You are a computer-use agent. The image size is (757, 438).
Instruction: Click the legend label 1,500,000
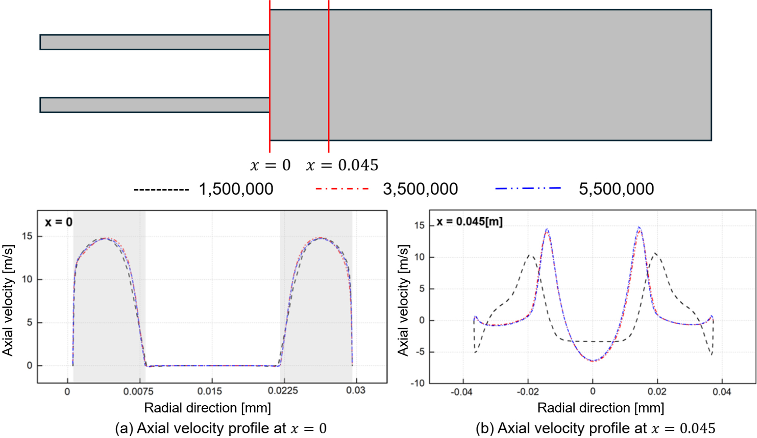236,189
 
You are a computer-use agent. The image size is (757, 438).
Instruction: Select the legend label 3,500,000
420,189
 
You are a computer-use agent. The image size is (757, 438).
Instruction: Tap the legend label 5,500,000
616,189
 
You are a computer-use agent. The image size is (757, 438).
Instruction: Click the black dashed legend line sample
161,190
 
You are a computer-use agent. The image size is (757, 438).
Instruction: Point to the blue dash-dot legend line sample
528,188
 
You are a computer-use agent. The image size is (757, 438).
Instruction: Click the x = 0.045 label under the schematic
342,165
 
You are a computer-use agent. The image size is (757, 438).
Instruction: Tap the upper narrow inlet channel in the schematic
154,42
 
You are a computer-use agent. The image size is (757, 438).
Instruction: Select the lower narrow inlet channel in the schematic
154,105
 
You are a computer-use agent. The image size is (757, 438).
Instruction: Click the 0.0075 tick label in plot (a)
138,392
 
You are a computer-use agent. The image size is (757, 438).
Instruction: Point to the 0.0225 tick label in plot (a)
283,391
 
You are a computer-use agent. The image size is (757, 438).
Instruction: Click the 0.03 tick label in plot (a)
356,391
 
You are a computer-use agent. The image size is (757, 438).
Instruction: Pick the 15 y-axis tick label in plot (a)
27,236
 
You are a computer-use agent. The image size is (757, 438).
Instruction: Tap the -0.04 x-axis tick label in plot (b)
462,392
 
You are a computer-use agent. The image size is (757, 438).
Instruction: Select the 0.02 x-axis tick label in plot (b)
657,392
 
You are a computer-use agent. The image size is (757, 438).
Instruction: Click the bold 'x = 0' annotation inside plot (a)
59,222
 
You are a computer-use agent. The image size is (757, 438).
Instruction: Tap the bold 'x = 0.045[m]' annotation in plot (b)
469,222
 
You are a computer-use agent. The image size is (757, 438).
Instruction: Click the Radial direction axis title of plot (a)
207,408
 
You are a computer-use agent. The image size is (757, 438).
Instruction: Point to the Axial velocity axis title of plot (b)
403,300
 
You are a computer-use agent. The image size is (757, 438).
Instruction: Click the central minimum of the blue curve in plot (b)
593,361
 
